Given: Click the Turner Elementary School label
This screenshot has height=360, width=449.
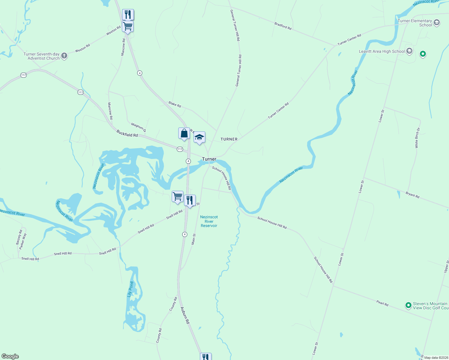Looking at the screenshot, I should click(414, 23).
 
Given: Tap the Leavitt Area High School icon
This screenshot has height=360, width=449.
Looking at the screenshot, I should click(409, 51).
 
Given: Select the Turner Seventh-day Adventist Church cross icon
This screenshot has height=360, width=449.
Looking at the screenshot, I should click(64, 56).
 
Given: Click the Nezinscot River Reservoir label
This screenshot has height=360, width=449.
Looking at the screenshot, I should click(209, 221).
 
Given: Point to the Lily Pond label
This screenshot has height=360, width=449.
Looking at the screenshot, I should click(130, 289).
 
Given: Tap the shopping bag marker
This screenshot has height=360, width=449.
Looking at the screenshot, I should click(184, 133).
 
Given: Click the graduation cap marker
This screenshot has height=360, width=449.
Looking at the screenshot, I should click(199, 137).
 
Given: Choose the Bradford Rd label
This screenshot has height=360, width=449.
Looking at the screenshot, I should click(283, 26).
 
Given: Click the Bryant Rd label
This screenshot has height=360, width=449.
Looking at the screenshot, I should click(412, 195).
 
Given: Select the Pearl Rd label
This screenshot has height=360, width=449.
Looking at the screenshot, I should click(382, 303).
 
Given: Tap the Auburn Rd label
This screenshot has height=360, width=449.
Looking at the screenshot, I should click(185, 315).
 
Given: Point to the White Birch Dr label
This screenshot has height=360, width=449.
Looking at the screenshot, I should click(417, 138).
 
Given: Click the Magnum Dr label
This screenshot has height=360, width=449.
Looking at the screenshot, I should click(138, 127).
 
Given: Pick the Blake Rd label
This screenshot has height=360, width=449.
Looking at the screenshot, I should click(175, 104).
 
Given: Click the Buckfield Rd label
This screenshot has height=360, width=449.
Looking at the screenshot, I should click(127, 133).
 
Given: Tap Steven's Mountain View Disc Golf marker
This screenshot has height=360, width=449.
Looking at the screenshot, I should click(408, 305).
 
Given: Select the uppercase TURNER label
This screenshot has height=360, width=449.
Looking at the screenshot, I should click(229, 139).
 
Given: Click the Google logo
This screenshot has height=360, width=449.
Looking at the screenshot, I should click(10, 356).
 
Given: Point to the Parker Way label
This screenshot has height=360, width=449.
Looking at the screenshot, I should click(23, 241).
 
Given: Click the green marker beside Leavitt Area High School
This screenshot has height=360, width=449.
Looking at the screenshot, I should click(423, 54).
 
